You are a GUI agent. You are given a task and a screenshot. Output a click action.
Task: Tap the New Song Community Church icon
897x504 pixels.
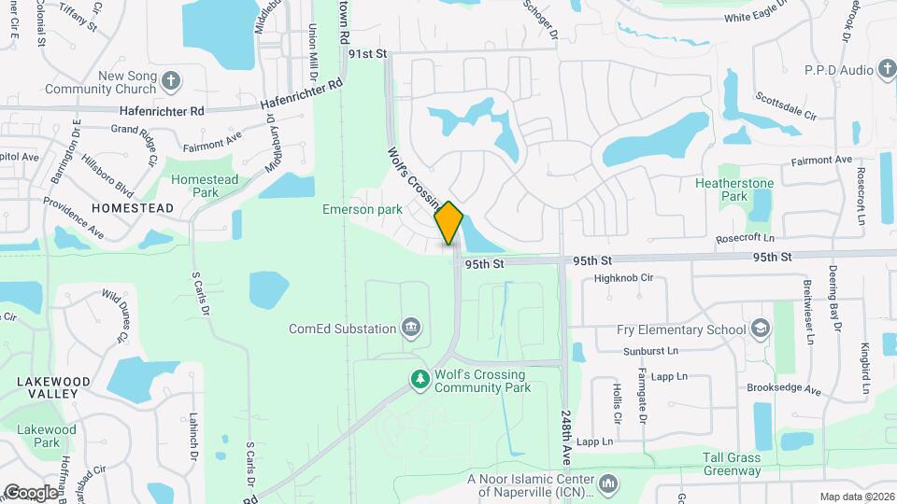click(x=170, y=81)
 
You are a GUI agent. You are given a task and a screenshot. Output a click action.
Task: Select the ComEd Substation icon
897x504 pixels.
click(x=410, y=328)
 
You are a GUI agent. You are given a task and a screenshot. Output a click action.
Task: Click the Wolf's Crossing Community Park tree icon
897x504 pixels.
click(x=420, y=379)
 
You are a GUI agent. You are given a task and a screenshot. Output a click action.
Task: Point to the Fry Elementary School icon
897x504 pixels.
click(x=762, y=329)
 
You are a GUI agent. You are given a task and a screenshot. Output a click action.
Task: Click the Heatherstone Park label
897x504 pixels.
click(x=733, y=189)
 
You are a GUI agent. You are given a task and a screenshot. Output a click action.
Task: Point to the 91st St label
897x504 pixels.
click(x=367, y=55)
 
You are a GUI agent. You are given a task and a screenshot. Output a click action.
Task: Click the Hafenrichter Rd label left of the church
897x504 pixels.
click(x=162, y=111)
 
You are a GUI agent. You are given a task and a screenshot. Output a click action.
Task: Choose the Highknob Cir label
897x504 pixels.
click(x=629, y=278)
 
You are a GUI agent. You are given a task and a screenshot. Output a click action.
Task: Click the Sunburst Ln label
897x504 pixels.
click(x=648, y=352)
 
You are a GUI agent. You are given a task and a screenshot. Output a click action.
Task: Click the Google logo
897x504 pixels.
click(x=32, y=492)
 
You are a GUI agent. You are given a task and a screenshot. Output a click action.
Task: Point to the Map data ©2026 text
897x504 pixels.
click(x=855, y=496)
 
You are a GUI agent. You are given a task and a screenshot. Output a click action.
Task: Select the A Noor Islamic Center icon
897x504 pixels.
click(x=608, y=483)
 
